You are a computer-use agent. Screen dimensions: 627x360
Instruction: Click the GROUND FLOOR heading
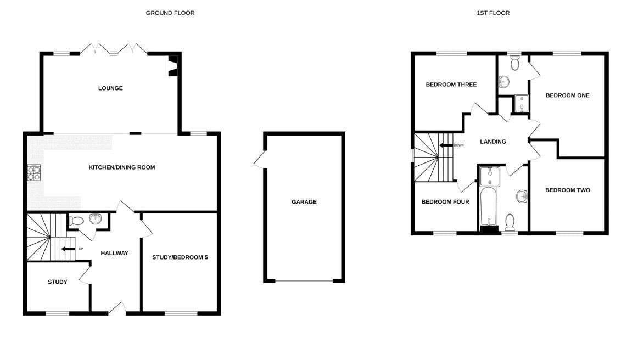pos(170,13)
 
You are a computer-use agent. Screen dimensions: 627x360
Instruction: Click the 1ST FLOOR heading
pos(493,13)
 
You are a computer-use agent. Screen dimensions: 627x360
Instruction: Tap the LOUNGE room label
pos(110,88)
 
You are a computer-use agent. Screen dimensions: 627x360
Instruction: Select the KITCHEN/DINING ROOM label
pos(121,167)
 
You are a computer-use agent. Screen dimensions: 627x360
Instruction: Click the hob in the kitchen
pos(34,173)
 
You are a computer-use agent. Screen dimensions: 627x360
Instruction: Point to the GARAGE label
pos(304,202)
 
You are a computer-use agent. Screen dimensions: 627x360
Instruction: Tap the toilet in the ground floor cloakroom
pos(76,221)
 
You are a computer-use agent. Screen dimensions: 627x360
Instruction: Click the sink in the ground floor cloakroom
pos(96,218)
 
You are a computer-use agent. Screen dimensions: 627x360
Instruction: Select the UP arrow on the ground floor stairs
pos(68,249)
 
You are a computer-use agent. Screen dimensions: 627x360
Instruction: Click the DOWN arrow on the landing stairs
pos(446,145)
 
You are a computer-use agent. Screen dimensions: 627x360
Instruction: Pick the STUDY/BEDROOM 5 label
pos(180,257)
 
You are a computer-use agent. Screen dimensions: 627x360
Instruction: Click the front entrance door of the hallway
pos(117,308)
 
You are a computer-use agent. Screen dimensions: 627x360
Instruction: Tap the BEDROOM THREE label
pos(451,85)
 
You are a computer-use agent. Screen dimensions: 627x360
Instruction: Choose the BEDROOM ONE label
pos(567,95)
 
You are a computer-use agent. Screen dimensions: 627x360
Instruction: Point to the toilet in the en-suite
pos(514,63)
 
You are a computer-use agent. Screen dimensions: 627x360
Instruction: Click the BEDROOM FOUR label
pos(445,202)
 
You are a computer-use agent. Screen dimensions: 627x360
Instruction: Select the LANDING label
pos(492,142)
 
